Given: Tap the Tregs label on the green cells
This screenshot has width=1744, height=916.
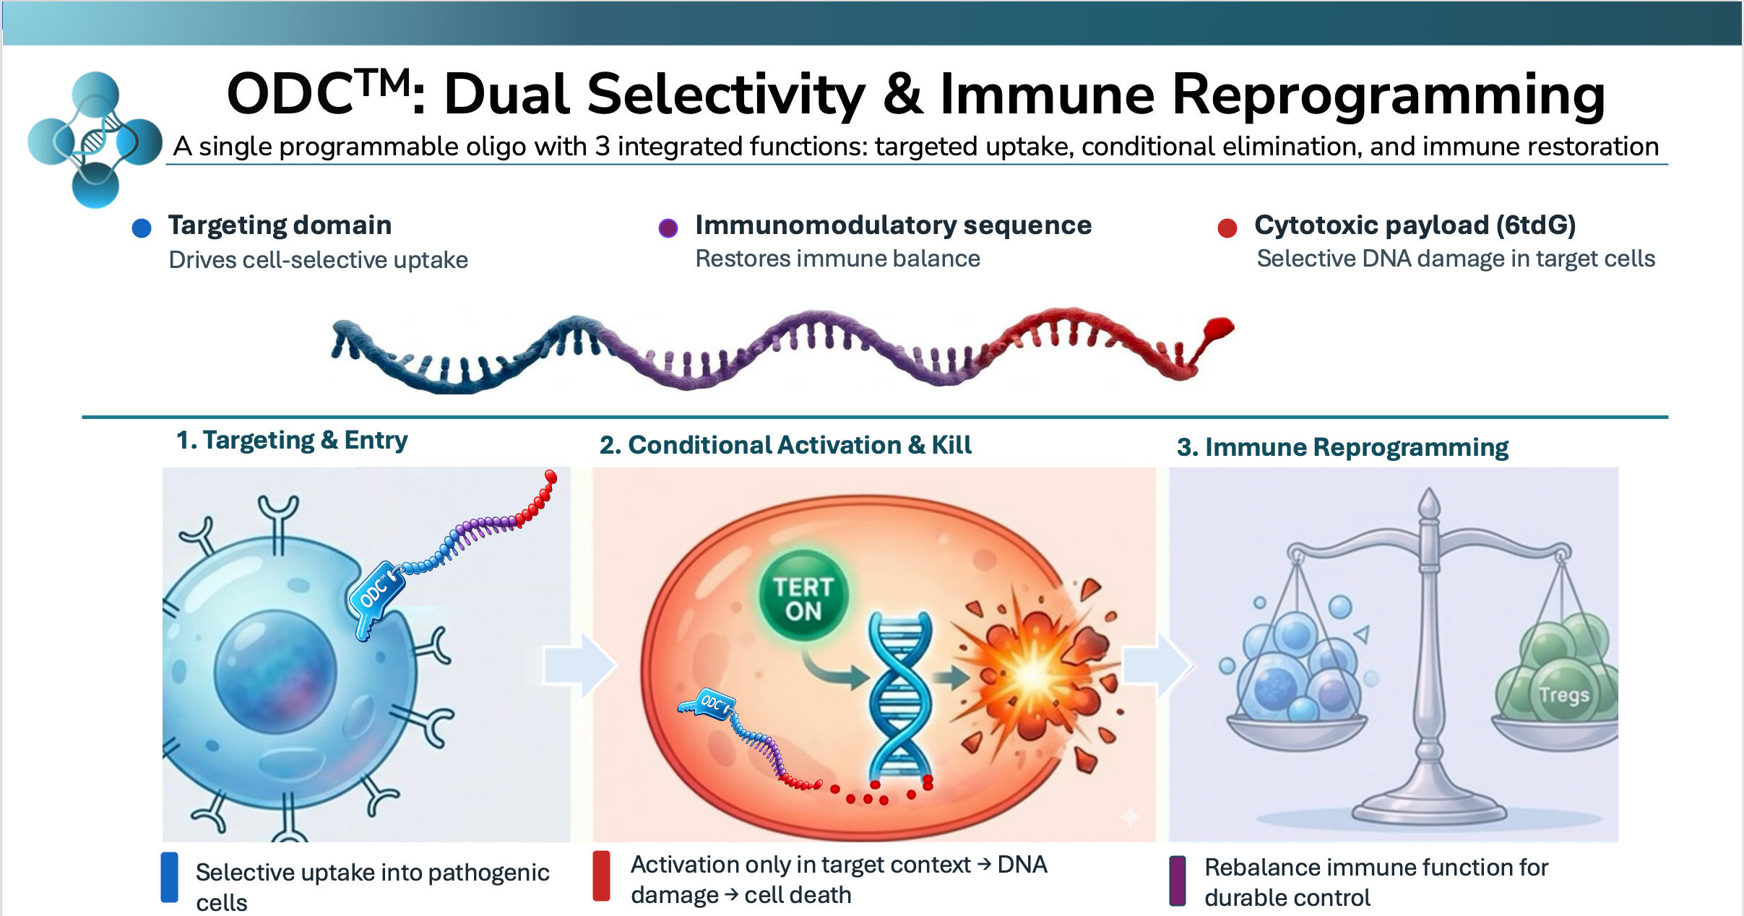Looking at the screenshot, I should click(x=1563, y=695).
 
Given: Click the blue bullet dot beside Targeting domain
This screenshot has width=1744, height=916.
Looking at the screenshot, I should click(x=142, y=228).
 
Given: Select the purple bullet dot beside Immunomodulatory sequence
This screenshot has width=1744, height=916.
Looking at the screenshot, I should click(x=668, y=228).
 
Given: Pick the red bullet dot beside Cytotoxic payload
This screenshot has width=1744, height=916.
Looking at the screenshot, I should click(x=1227, y=228).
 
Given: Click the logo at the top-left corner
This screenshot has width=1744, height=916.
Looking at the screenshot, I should click(x=95, y=139).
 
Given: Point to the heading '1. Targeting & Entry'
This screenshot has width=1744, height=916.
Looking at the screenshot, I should click(x=292, y=440).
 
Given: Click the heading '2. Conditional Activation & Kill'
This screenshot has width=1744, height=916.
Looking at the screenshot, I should click(x=785, y=445).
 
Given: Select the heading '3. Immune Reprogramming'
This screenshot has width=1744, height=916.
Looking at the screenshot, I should click(x=1342, y=447).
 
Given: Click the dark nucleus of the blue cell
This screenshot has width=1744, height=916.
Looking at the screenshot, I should click(x=275, y=671).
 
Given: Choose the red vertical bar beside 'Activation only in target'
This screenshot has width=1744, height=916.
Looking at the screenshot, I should click(x=601, y=876).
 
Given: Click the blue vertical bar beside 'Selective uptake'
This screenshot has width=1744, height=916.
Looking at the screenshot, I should click(x=169, y=877).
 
